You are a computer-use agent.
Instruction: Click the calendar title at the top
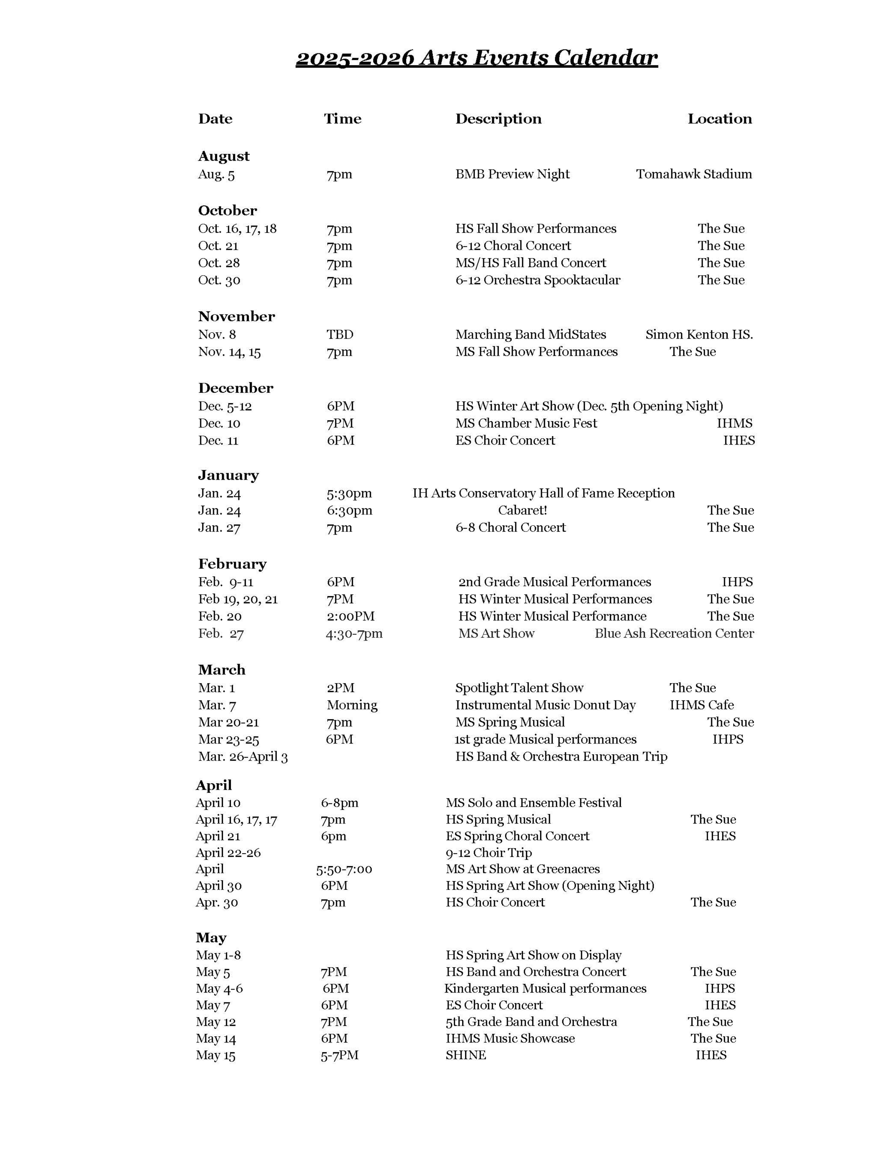[x=476, y=58]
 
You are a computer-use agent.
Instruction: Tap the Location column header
[x=719, y=119]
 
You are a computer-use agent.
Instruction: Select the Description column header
[x=498, y=119]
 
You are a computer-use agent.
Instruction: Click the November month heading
[x=237, y=317]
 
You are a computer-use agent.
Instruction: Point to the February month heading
[x=232, y=564]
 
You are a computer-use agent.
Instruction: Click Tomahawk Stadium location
[x=694, y=174]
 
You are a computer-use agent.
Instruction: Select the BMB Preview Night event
[x=512, y=174]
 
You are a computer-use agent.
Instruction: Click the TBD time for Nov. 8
[x=340, y=335]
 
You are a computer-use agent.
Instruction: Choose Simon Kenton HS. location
[x=699, y=335]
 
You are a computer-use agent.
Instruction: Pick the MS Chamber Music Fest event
[x=526, y=423]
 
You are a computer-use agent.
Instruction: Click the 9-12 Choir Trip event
[x=488, y=853]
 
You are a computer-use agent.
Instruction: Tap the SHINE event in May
[x=465, y=1055]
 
